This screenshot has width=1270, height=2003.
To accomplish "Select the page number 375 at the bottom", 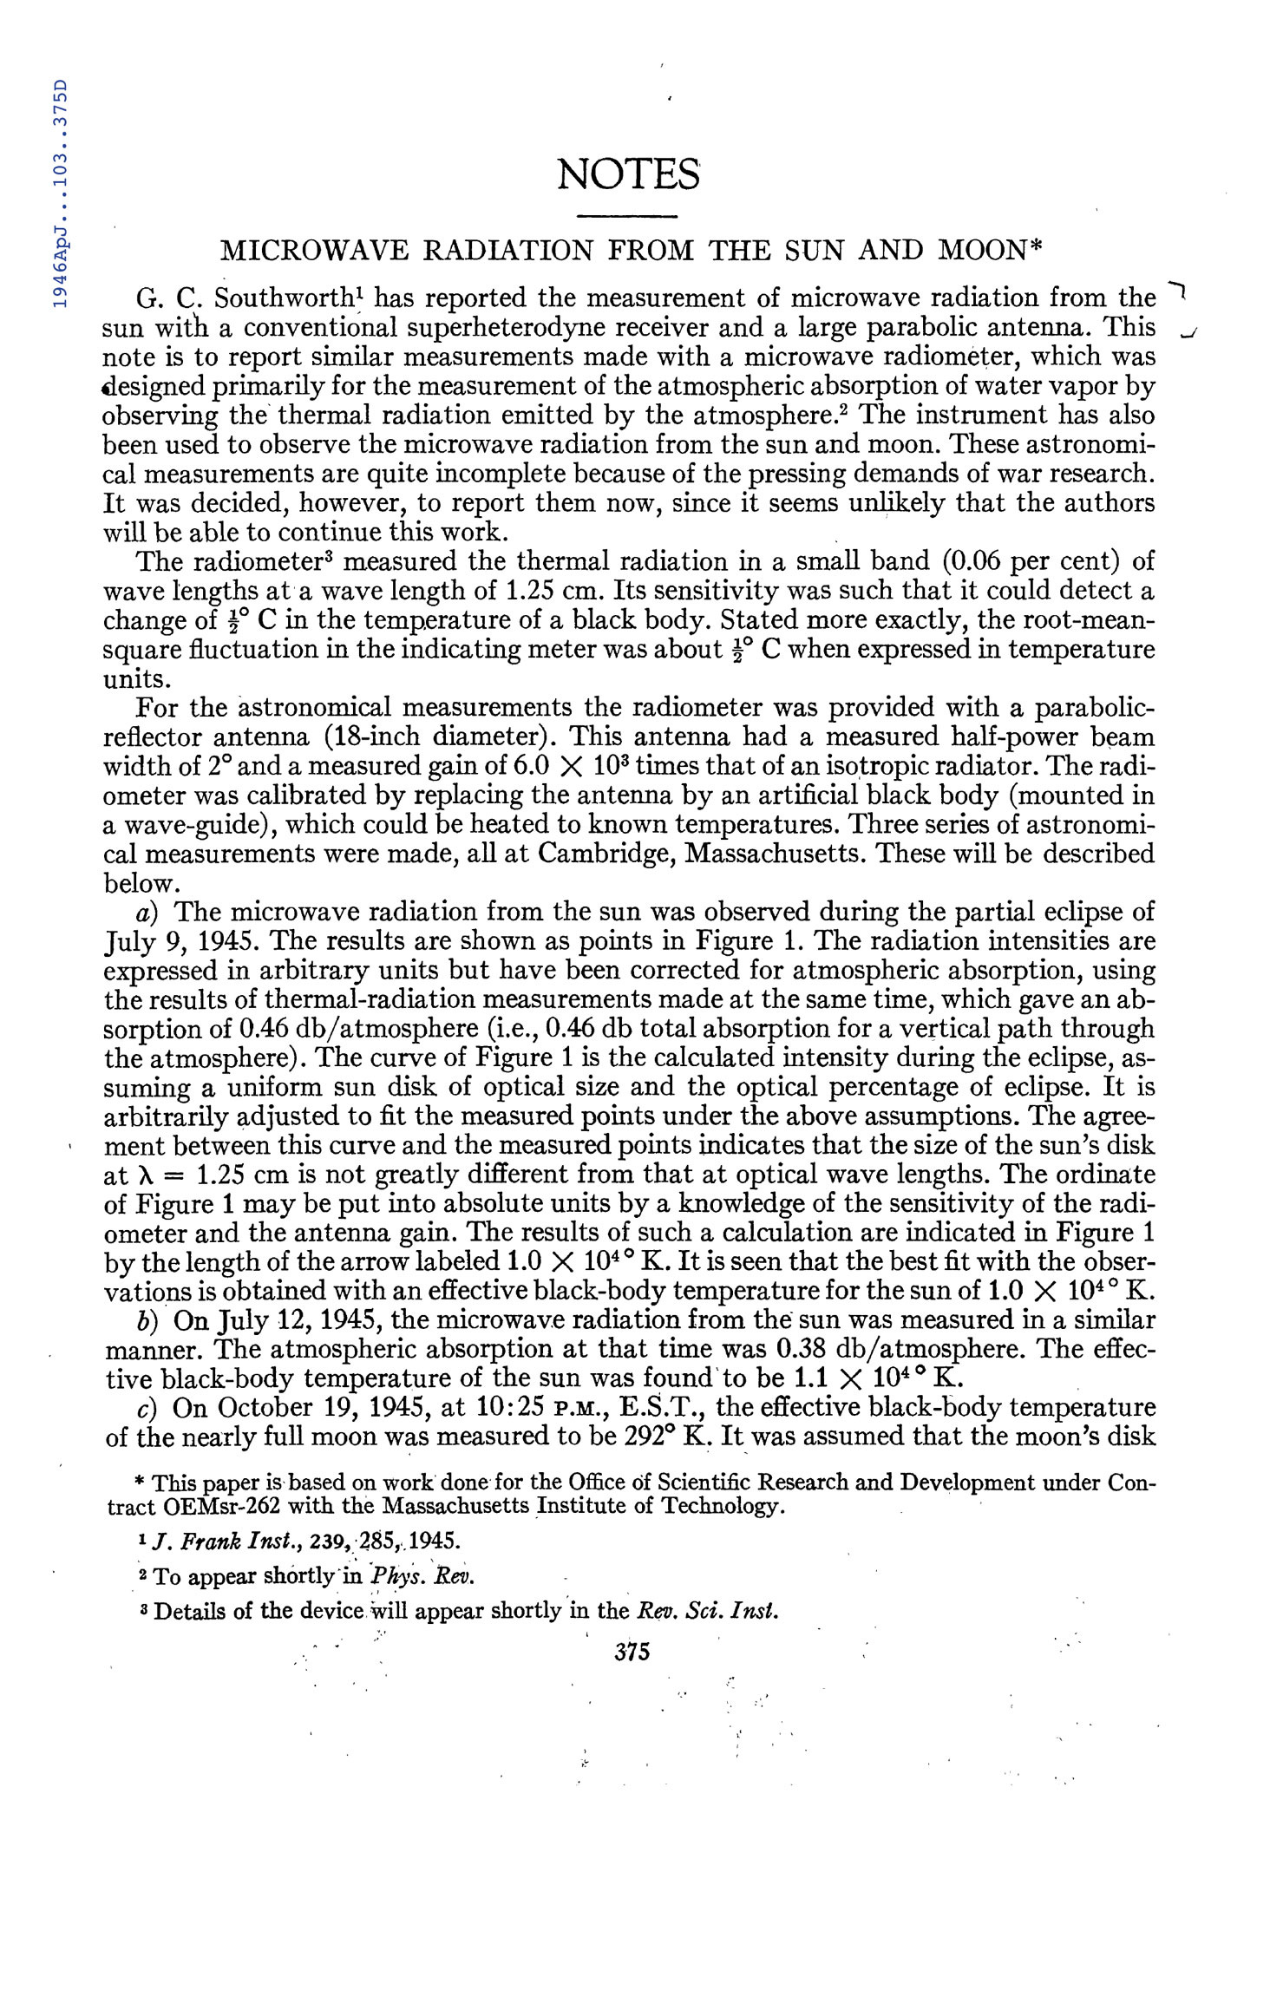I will click(632, 1652).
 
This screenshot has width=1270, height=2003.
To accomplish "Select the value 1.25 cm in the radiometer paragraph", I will click(551, 592).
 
